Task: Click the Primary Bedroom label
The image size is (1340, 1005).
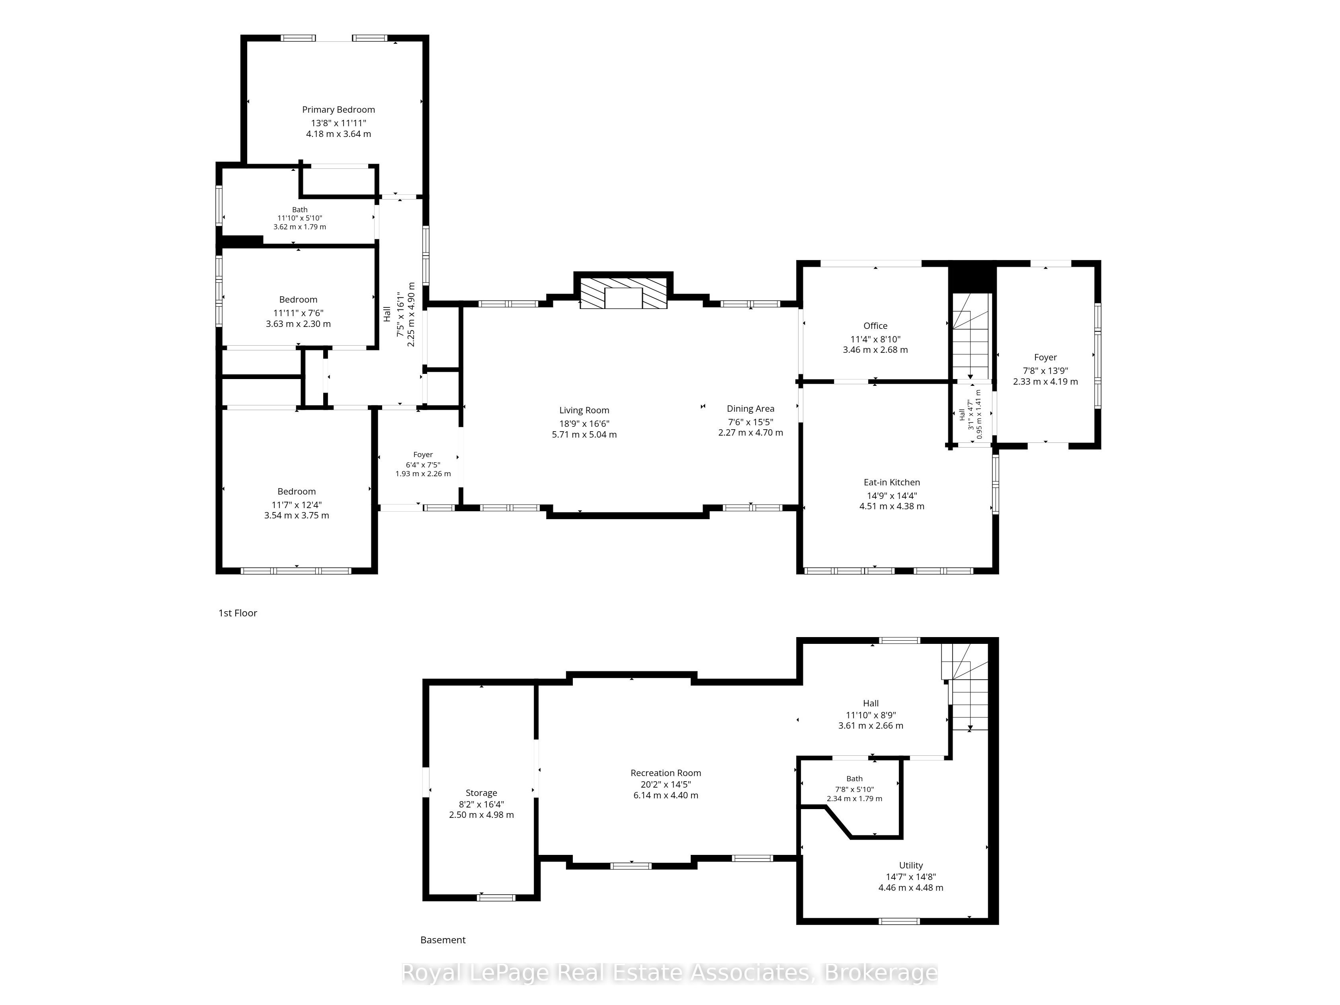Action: tap(339, 109)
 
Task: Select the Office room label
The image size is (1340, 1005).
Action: tap(875, 326)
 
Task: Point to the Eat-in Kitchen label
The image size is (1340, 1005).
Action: tap(892, 482)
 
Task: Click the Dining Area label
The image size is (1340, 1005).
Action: tap(750, 409)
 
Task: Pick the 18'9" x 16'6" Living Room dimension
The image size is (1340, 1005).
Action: tap(584, 424)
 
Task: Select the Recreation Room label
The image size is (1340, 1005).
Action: tap(666, 773)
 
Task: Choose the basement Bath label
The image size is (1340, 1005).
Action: tap(854, 779)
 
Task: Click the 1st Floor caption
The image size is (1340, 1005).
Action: tap(238, 613)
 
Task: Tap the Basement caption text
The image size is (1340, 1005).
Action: tap(443, 940)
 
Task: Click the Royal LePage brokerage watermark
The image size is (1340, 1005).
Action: tap(669, 973)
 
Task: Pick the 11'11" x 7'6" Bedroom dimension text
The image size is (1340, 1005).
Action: tap(298, 313)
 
